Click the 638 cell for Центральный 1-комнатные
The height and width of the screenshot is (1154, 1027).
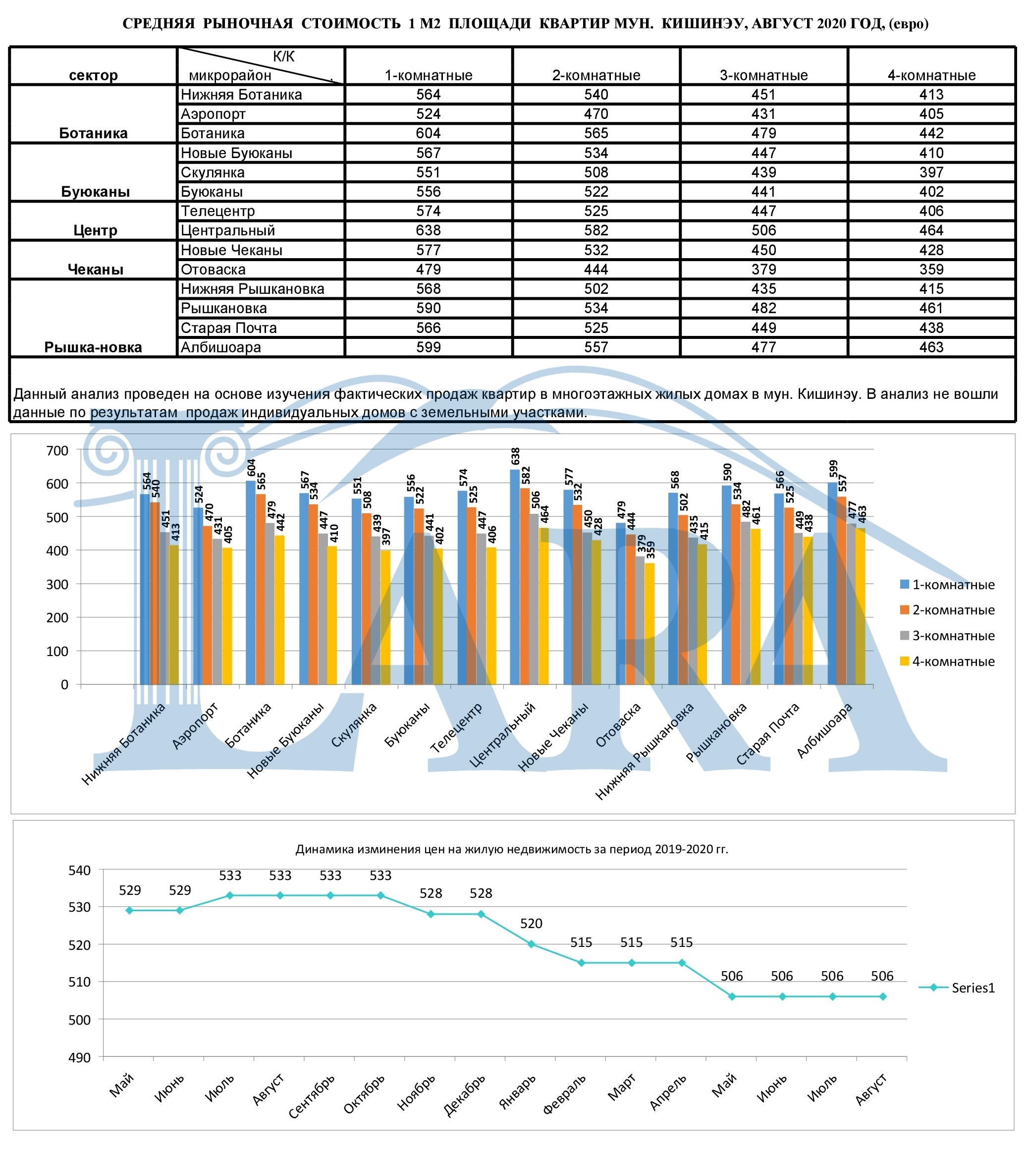pyautogui.click(x=428, y=230)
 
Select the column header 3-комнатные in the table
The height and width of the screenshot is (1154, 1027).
pyautogui.click(x=763, y=75)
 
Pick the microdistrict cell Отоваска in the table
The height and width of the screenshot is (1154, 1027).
pyautogui.click(x=213, y=270)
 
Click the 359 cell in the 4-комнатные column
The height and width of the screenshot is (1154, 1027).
pyautogui.click(x=931, y=270)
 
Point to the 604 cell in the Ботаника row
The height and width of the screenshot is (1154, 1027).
pyautogui.click(x=428, y=133)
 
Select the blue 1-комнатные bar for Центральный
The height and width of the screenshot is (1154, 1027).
pyautogui.click(x=514, y=576)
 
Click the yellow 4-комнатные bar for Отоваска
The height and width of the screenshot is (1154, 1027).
pyautogui.click(x=650, y=623)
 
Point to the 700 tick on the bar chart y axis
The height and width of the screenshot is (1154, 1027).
pyautogui.click(x=57, y=450)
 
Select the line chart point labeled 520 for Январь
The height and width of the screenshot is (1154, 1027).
pyautogui.click(x=531, y=944)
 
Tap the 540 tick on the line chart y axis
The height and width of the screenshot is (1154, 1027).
pyautogui.click(x=79, y=870)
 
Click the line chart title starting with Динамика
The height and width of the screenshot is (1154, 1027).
pyautogui.click(x=512, y=849)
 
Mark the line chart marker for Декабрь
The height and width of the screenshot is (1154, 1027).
pyautogui.click(x=481, y=914)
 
